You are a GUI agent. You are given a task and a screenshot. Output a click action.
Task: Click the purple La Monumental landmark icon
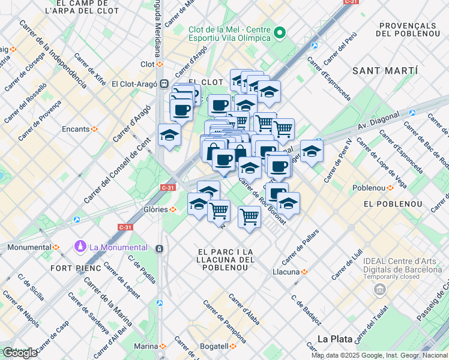coord(80,247)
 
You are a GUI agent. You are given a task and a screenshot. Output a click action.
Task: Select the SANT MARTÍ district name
coord(384,71)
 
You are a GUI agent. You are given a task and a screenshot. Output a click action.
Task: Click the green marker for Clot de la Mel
coord(279,32)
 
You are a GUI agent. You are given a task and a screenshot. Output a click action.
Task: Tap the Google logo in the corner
coord(19,353)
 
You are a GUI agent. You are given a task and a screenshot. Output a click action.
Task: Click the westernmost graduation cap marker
coord(169,135)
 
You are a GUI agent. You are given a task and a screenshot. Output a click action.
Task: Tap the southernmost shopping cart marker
coord(249,217)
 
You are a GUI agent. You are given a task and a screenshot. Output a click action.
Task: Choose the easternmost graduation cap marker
coord(312,151)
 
